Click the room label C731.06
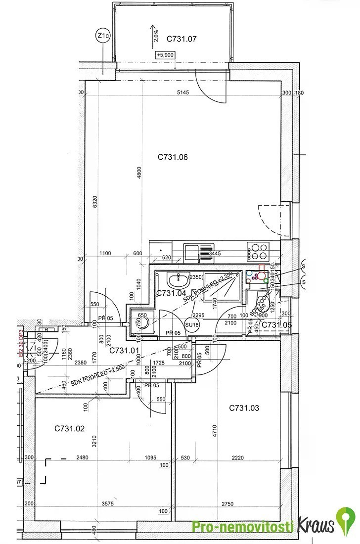pos(173,157)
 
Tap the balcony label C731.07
pos(182,38)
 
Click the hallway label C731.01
pos(124,350)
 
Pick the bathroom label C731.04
pos(171,293)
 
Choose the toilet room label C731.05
pos(276,324)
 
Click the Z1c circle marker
pos(103,36)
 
